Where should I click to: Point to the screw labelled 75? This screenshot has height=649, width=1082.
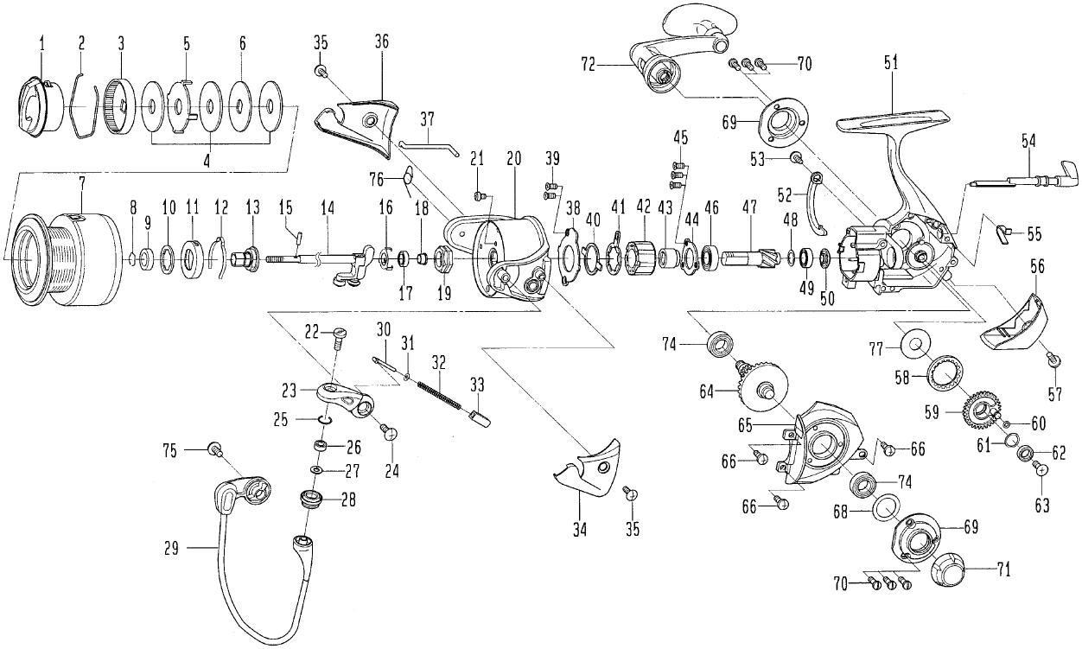[214, 448]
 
